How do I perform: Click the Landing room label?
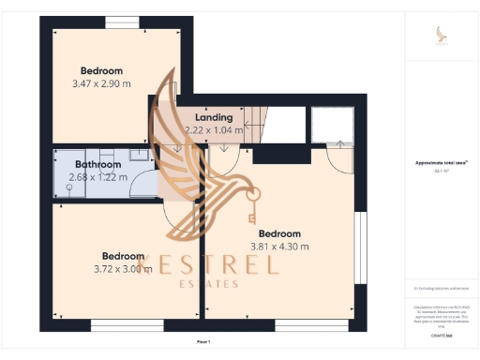(214, 117)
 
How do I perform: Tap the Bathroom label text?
(98, 165)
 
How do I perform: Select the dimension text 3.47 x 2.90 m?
(101, 83)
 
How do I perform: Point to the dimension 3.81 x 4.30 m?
(279, 247)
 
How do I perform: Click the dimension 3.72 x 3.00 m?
(123, 268)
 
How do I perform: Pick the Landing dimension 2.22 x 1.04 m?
(214, 130)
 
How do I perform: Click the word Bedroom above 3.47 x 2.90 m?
(101, 70)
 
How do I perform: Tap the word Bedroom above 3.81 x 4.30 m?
(279, 233)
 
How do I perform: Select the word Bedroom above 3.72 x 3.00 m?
(123, 255)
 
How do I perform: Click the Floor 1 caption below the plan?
(203, 342)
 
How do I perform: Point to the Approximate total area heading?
(441, 162)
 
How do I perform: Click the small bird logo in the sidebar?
(442, 35)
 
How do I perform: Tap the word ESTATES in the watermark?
(208, 284)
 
